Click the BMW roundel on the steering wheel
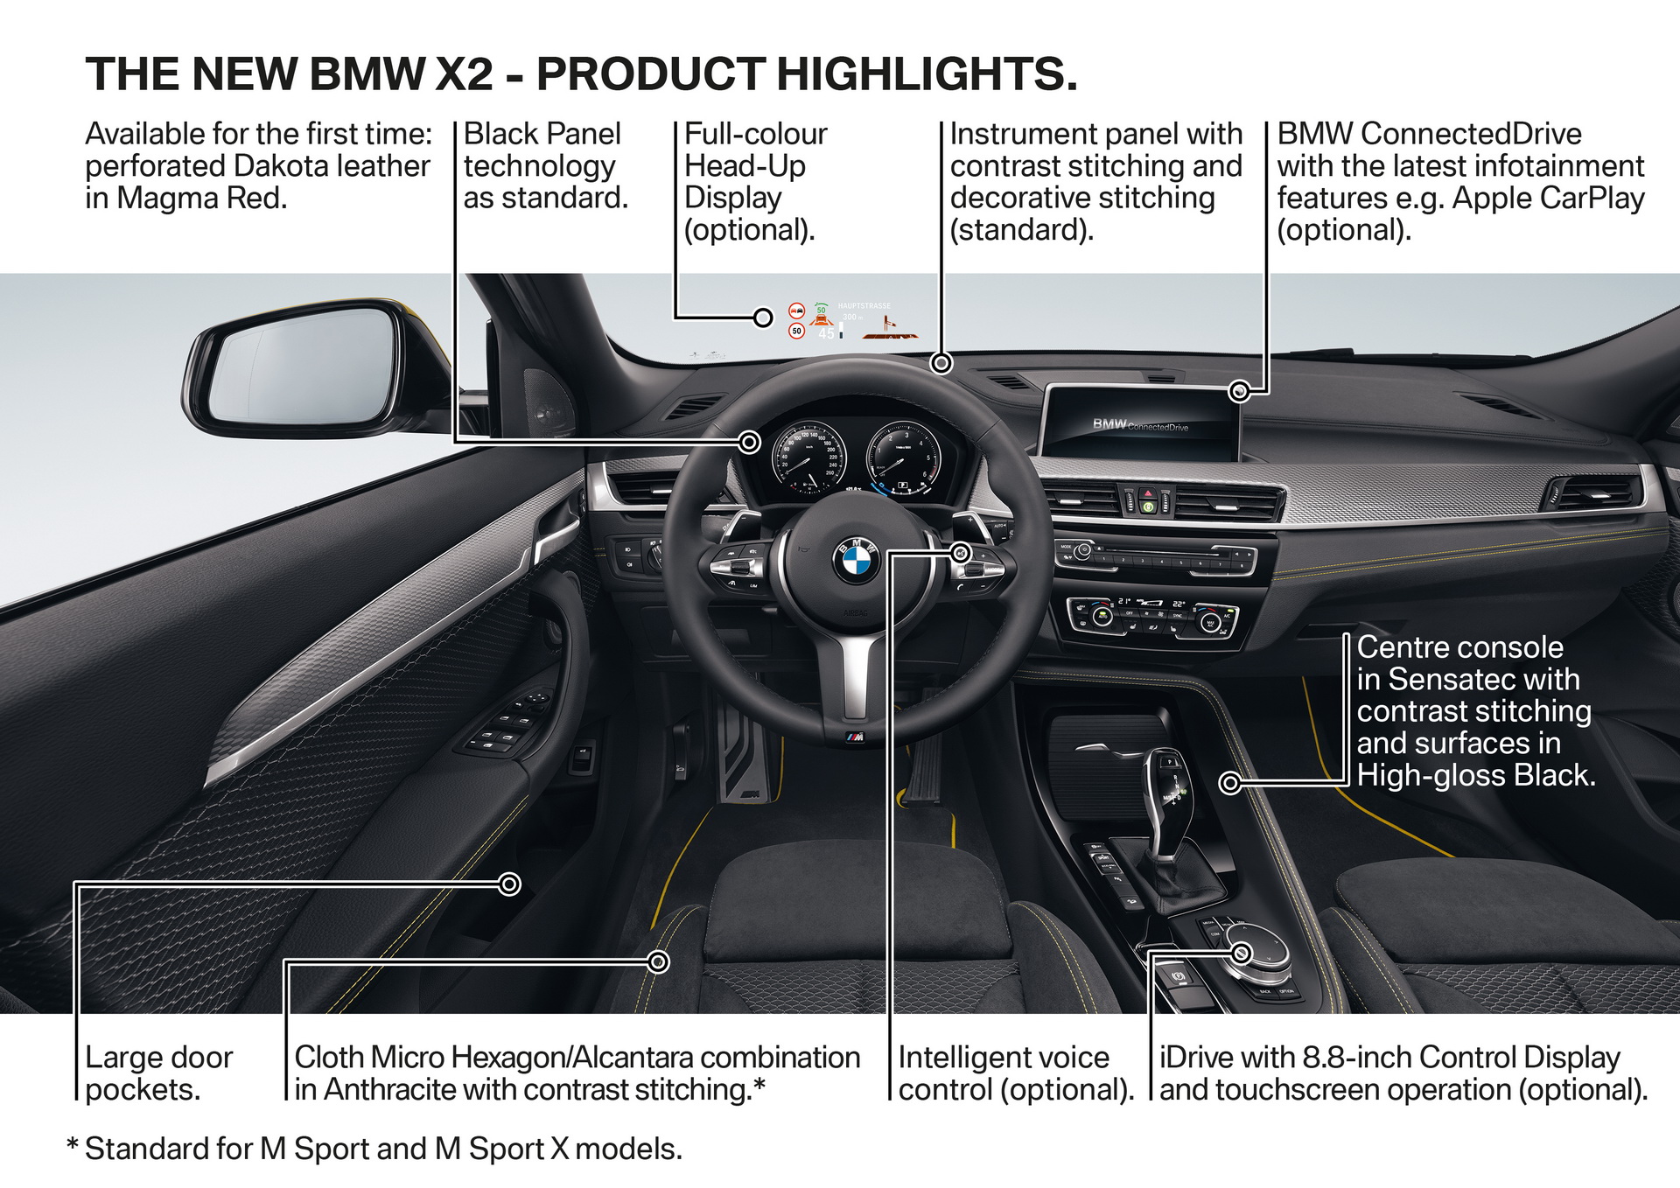tap(856, 560)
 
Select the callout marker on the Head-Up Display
tap(763, 317)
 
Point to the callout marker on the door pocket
tap(509, 884)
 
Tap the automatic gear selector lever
tap(1168, 787)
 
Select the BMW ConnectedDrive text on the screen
tap(1140, 426)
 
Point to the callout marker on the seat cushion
tap(659, 962)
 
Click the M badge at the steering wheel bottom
tap(855, 737)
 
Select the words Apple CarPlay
tap(1548, 199)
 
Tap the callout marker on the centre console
tap(1230, 783)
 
